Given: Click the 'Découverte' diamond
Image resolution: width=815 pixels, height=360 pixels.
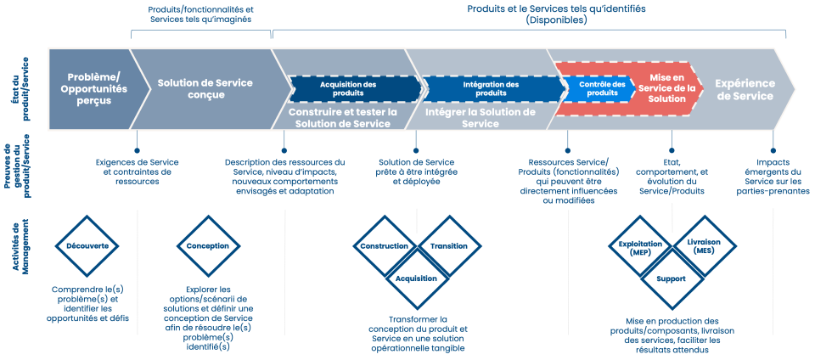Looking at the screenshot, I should (87, 246).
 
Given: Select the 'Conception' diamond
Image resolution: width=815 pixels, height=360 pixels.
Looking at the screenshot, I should (208, 246).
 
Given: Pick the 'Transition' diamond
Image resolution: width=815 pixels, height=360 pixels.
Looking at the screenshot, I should (449, 246).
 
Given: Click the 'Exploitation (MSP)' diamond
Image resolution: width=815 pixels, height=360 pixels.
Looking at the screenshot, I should (640, 246).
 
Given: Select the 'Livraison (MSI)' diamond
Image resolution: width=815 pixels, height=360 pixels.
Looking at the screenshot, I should (705, 246).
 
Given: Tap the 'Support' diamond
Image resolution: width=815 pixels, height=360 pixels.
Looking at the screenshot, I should (672, 278).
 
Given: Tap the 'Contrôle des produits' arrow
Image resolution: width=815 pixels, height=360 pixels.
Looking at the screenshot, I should (602, 88).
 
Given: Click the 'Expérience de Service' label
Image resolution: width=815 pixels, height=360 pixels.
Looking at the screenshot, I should (744, 88).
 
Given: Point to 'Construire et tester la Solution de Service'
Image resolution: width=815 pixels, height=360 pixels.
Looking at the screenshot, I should (343, 117).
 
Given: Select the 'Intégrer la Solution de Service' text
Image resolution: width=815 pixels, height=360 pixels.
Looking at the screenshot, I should (480, 117).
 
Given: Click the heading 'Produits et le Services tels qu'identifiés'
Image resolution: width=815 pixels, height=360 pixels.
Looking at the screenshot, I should (556, 8).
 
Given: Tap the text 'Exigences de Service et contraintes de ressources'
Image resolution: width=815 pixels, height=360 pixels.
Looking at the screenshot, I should (137, 171).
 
